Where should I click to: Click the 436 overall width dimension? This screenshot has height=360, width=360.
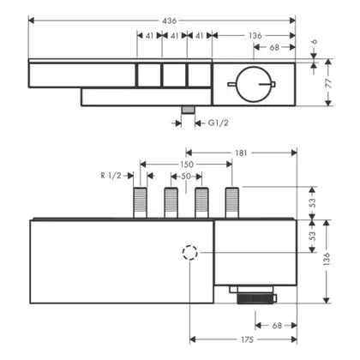(170, 21)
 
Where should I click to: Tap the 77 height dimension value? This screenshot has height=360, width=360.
(328, 83)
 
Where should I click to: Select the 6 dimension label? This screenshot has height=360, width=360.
(314, 42)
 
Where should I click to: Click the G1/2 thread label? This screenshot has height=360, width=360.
(219, 123)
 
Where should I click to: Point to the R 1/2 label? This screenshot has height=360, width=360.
(111, 176)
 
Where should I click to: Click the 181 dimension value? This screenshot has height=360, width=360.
(241, 153)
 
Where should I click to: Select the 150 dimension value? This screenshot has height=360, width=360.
(187, 165)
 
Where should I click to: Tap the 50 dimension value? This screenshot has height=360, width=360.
(186, 177)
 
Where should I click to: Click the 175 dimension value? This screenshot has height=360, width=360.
(247, 339)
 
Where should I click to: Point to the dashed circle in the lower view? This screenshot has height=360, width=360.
(190, 245)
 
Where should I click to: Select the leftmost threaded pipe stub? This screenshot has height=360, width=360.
(141, 202)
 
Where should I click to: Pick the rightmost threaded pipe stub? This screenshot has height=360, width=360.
(232, 202)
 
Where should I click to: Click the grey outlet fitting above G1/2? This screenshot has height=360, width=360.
(188, 111)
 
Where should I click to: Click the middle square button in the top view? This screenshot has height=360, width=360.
(174, 75)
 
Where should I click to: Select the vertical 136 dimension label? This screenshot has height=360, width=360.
(327, 260)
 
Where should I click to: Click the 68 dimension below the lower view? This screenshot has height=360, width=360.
(277, 326)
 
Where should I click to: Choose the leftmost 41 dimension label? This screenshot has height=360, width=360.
(149, 36)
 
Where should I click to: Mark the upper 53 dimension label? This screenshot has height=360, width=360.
(313, 202)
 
